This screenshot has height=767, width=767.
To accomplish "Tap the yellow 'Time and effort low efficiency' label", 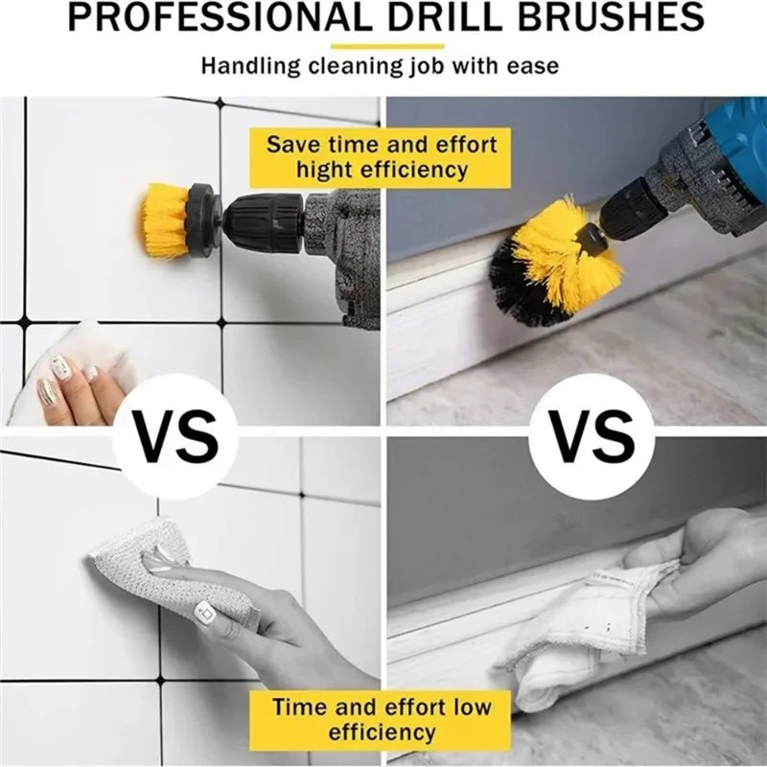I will click(x=381, y=719).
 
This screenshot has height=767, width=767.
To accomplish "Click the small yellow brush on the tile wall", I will click(x=165, y=221).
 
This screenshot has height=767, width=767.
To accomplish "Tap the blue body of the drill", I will click(x=738, y=144).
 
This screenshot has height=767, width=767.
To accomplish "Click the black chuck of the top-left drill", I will click(x=264, y=222).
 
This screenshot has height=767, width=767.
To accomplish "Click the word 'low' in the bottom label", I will click(x=470, y=708).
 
